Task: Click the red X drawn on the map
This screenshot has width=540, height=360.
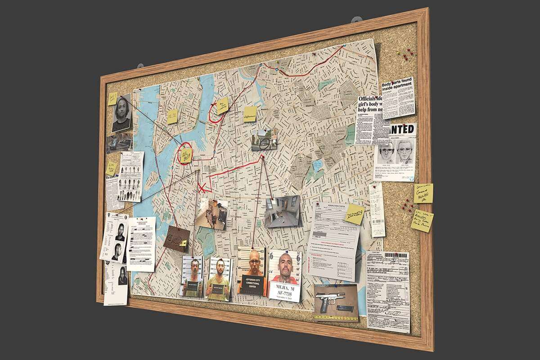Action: [x=203, y=188]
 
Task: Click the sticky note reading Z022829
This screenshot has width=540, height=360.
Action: [x=355, y=216]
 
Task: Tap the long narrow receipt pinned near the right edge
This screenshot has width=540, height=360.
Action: [x=377, y=209]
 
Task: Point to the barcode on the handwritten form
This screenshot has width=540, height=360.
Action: [x=396, y=256]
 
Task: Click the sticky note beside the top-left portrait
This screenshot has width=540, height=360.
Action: [x=112, y=99]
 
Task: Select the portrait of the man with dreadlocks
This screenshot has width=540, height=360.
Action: [x=121, y=112]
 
